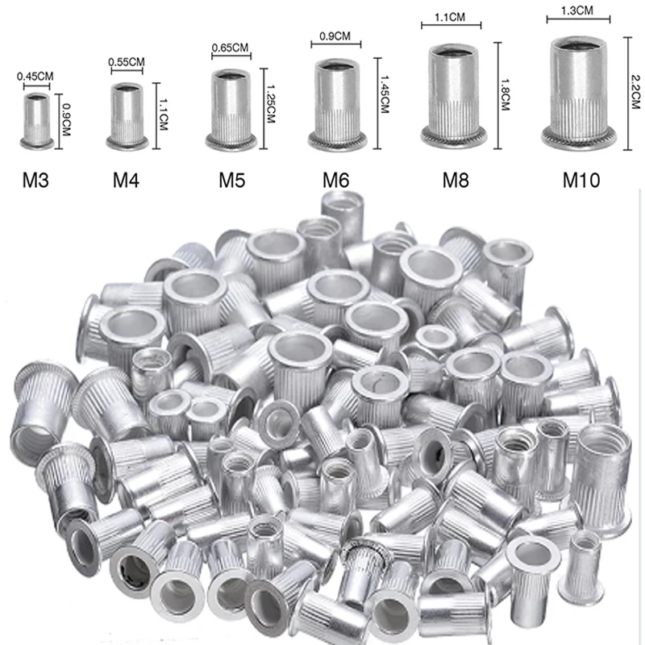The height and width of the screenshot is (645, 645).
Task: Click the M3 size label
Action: (x=36, y=179)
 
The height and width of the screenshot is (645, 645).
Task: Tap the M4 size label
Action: (x=127, y=179)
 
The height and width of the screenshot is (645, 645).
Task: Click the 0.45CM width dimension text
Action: (x=35, y=77)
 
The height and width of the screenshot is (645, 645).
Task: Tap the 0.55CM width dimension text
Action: (x=126, y=62)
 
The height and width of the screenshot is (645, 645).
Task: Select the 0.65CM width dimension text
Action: (x=231, y=48)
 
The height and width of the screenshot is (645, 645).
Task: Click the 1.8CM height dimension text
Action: (x=505, y=94)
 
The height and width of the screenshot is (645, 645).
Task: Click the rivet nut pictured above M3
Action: (x=36, y=121)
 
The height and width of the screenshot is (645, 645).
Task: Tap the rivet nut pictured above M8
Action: (x=455, y=97)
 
